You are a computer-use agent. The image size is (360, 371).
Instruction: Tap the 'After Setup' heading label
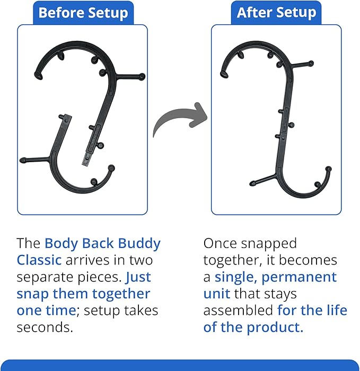point(276,13)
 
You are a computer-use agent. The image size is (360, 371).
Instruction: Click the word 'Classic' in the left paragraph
point(39,261)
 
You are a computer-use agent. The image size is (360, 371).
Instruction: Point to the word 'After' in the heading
point(254,13)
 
